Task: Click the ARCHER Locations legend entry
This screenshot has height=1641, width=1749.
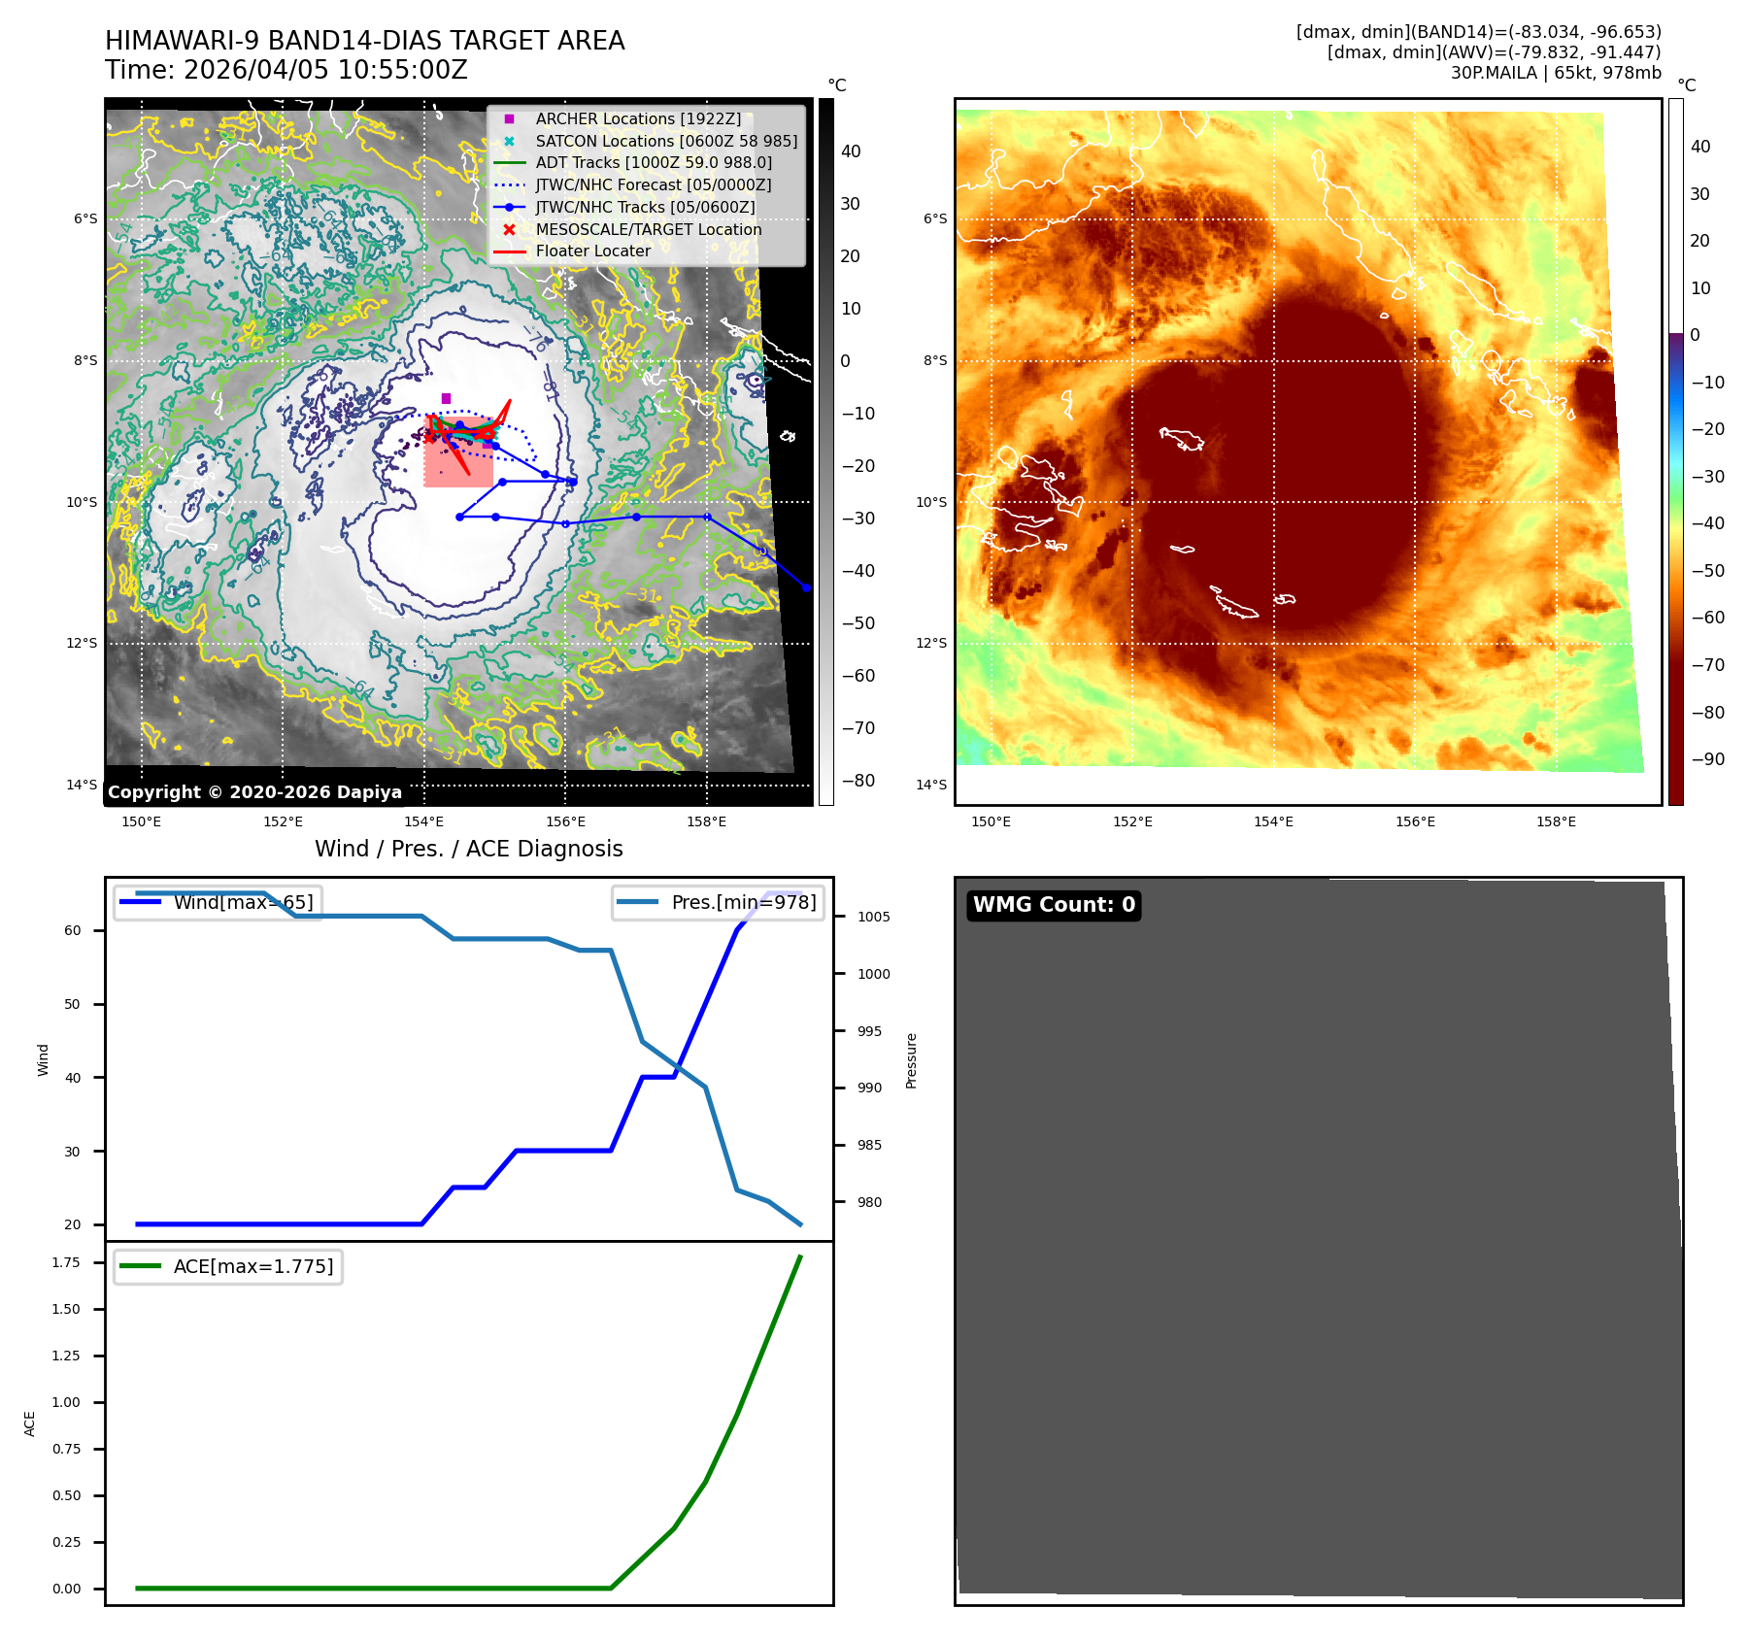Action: pyautogui.click(x=637, y=118)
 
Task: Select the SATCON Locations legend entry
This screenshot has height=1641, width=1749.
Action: pyautogui.click(x=666, y=141)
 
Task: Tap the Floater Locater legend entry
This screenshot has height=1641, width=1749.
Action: pyautogui.click(x=592, y=251)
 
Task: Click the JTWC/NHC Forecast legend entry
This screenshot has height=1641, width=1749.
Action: pyautogui.click(x=653, y=184)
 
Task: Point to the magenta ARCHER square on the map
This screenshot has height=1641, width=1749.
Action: pyautogui.click(x=446, y=398)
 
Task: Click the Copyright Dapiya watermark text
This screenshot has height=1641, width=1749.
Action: pyautogui.click(x=254, y=792)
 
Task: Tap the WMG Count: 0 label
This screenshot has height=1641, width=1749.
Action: pyautogui.click(x=1054, y=905)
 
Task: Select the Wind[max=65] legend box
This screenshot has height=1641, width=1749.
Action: pyautogui.click(x=218, y=902)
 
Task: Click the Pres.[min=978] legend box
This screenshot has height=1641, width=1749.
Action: pyautogui.click(x=719, y=902)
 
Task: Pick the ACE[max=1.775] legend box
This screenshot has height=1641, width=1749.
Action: pyautogui.click(x=228, y=1266)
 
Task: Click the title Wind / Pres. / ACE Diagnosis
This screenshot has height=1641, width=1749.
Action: pyautogui.click(x=468, y=849)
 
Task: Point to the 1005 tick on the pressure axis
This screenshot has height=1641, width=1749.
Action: pyautogui.click(x=873, y=917)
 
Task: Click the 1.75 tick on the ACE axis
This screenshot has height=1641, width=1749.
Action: pyautogui.click(x=66, y=1262)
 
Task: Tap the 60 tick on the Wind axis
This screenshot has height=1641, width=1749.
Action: pyautogui.click(x=73, y=930)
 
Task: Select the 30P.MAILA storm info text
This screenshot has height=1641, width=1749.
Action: pyautogui.click(x=1555, y=73)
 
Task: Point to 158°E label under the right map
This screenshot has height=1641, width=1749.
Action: pyautogui.click(x=1556, y=821)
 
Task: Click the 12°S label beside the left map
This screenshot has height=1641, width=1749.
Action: pyautogui.click(x=82, y=643)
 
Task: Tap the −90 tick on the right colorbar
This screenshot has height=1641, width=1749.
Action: pyautogui.click(x=1707, y=759)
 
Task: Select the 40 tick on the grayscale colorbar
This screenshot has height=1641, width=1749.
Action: pyautogui.click(x=851, y=151)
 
